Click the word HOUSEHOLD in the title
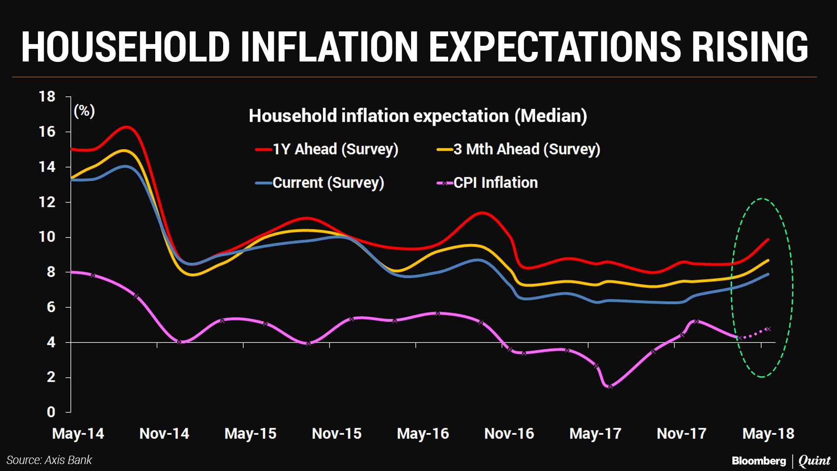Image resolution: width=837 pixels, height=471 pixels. (x=126, y=47)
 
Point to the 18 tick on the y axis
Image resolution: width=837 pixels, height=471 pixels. (x=47, y=96)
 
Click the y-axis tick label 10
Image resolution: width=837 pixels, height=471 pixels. (x=47, y=237)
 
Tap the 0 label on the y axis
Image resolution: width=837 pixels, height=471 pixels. (x=51, y=412)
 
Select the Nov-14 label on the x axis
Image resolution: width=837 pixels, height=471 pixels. (x=164, y=433)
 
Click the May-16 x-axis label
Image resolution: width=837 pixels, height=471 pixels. (x=422, y=433)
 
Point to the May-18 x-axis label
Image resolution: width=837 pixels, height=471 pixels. (x=768, y=433)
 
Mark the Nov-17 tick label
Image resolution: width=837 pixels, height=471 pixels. (x=681, y=433)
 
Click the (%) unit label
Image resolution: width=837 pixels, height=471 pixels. (x=84, y=111)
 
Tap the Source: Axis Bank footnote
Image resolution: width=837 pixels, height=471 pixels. (x=49, y=460)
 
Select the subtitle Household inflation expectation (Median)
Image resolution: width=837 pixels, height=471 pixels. (x=418, y=116)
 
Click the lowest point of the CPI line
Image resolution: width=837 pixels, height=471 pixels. (x=610, y=387)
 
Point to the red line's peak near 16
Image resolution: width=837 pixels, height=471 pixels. (x=126, y=127)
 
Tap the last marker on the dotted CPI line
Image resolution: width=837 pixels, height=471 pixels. (x=768, y=329)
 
